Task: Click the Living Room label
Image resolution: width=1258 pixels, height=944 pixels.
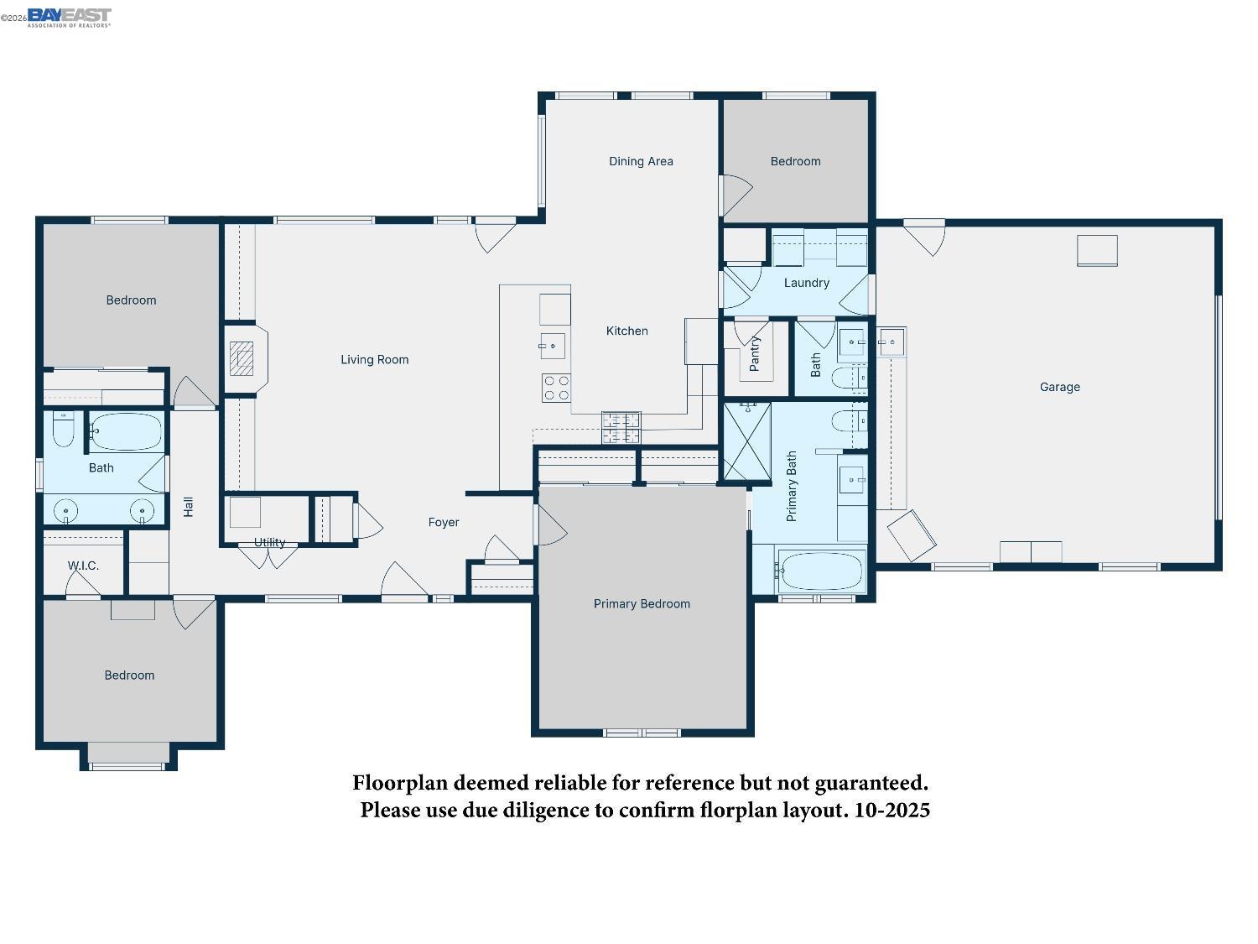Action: (x=374, y=360)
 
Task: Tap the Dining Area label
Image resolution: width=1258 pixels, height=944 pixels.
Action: (x=641, y=161)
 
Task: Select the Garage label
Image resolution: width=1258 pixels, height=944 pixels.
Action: (x=1059, y=387)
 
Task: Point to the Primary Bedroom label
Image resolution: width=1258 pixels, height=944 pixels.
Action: (x=642, y=603)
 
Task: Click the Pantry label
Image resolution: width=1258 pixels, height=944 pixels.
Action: (x=754, y=354)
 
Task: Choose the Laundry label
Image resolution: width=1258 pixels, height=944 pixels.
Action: (x=806, y=283)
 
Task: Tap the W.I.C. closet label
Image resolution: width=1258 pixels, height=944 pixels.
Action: (x=83, y=566)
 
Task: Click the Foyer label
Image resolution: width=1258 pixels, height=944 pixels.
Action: (x=444, y=522)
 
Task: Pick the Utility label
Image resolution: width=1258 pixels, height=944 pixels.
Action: (x=269, y=542)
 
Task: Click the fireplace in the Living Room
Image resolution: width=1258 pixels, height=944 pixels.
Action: (x=242, y=358)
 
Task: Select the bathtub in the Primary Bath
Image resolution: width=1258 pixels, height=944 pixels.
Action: (x=821, y=571)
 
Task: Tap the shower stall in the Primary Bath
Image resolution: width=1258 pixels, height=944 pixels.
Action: (x=746, y=441)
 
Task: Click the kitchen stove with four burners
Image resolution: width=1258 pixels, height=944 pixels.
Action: (x=555, y=388)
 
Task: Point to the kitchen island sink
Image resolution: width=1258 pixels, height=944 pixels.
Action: (x=553, y=346)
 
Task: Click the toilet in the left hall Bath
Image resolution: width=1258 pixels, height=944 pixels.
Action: (x=64, y=429)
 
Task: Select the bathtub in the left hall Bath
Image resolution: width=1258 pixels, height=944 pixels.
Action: (x=126, y=432)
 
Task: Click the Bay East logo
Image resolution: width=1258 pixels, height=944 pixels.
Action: (x=69, y=17)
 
